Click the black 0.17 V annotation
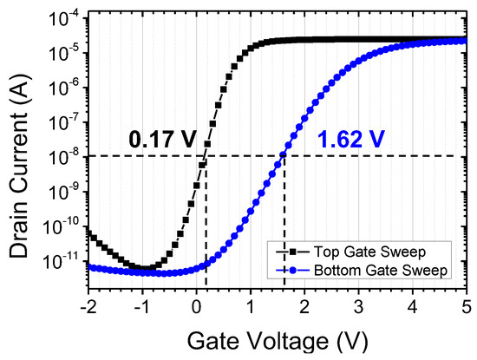(161, 138)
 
